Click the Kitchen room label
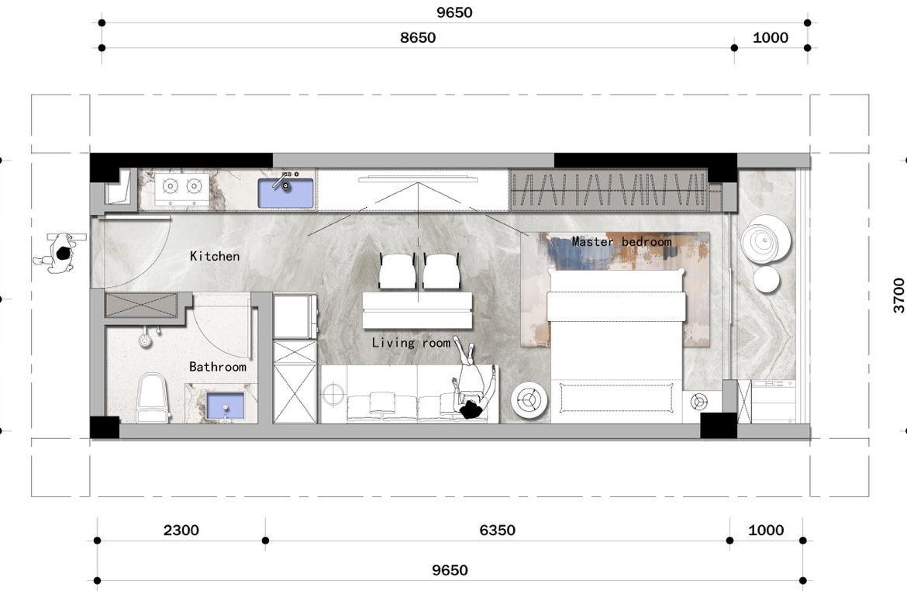point(215,256)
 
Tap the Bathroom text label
point(217,367)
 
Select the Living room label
point(410,343)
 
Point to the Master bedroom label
point(621,242)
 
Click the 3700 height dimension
point(898,295)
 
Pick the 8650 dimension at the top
point(417,38)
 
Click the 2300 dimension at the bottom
point(181,531)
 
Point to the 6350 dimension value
point(497,531)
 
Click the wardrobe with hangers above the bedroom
point(609,191)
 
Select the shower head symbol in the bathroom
point(144,340)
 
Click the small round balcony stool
point(766,280)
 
